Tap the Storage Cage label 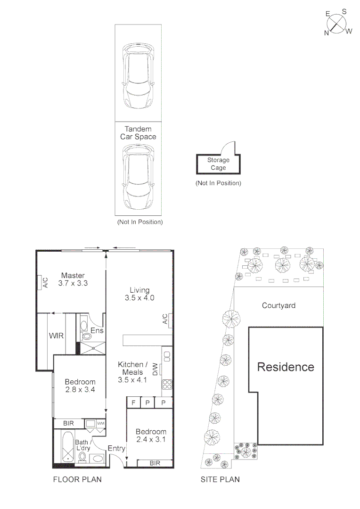pyautogui.click(x=218, y=164)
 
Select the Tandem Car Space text pyautogui.click(x=138, y=132)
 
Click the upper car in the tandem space pyautogui.click(x=138, y=75)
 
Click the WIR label pyautogui.click(x=57, y=336)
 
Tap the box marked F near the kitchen pyautogui.click(x=134, y=403)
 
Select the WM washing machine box pyautogui.click(x=100, y=424)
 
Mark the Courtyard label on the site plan pyautogui.click(x=278, y=305)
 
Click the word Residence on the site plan pyautogui.click(x=286, y=367)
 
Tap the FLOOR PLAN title pyautogui.click(x=77, y=480)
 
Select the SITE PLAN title pyautogui.click(x=220, y=480)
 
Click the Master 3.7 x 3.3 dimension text pyautogui.click(x=73, y=279)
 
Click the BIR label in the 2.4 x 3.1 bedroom pyautogui.click(x=155, y=463)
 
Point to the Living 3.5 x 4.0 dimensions pyautogui.click(x=140, y=294)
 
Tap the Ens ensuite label pyautogui.click(x=97, y=331)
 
